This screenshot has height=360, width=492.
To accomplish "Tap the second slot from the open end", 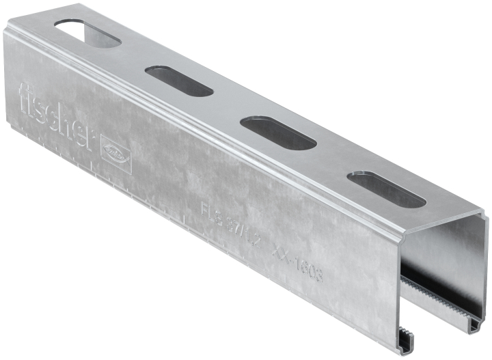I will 277,133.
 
